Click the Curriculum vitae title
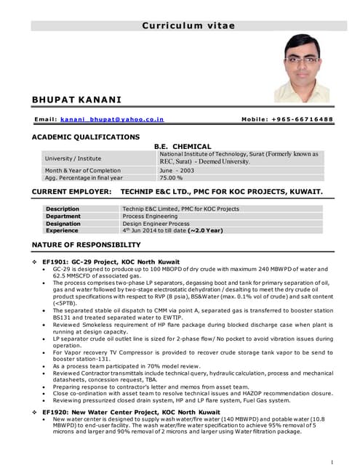click(x=188, y=25)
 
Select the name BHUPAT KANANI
click(x=76, y=99)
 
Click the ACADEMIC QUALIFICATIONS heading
click(x=86, y=137)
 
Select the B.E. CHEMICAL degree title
click(x=183, y=146)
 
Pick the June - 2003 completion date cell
click(x=179, y=170)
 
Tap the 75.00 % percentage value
click(x=171, y=177)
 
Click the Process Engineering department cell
click(x=150, y=217)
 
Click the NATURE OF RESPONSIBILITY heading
click(x=87, y=245)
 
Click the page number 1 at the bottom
click(x=332, y=460)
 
